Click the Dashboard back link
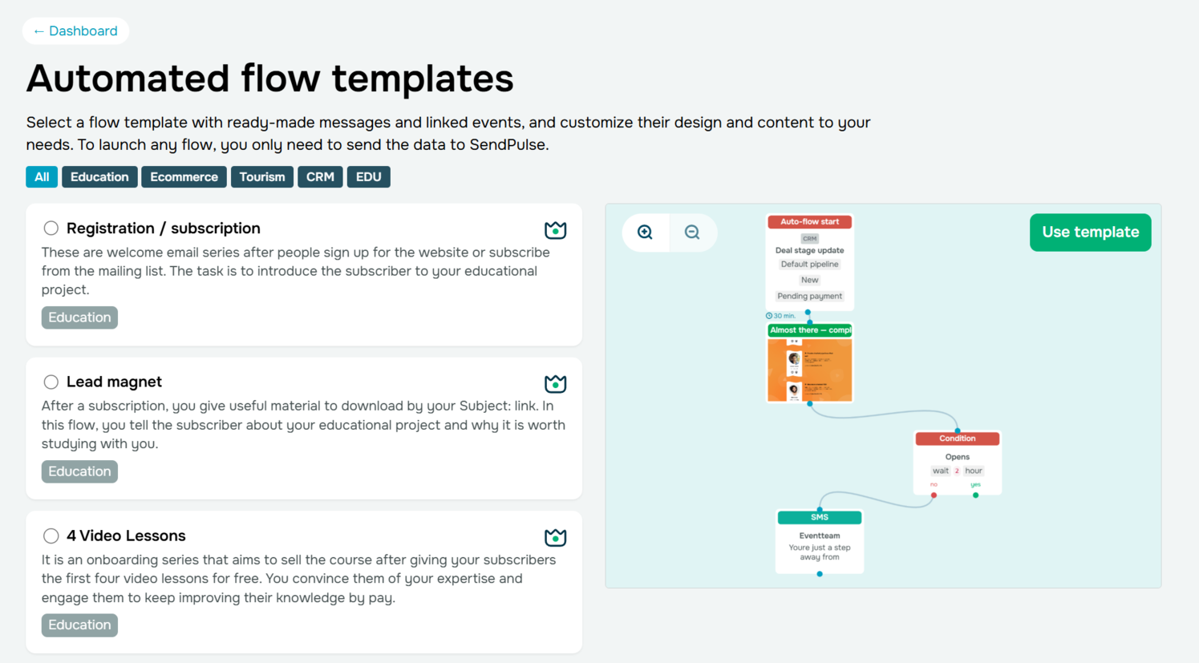point(75,31)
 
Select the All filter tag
point(42,177)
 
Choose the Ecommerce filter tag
point(184,177)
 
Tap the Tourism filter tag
point(262,177)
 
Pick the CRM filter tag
point(320,177)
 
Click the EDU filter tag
point(368,177)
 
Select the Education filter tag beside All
point(99,177)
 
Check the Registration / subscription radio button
point(51,228)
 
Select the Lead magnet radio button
point(51,382)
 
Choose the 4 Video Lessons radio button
point(51,536)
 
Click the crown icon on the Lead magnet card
point(555,384)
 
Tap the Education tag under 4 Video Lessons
point(79,625)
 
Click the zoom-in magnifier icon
point(645,232)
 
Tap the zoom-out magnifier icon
point(692,232)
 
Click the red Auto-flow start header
point(809,222)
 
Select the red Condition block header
point(957,439)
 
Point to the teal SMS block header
point(819,518)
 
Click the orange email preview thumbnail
point(809,370)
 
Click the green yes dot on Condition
point(975,495)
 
